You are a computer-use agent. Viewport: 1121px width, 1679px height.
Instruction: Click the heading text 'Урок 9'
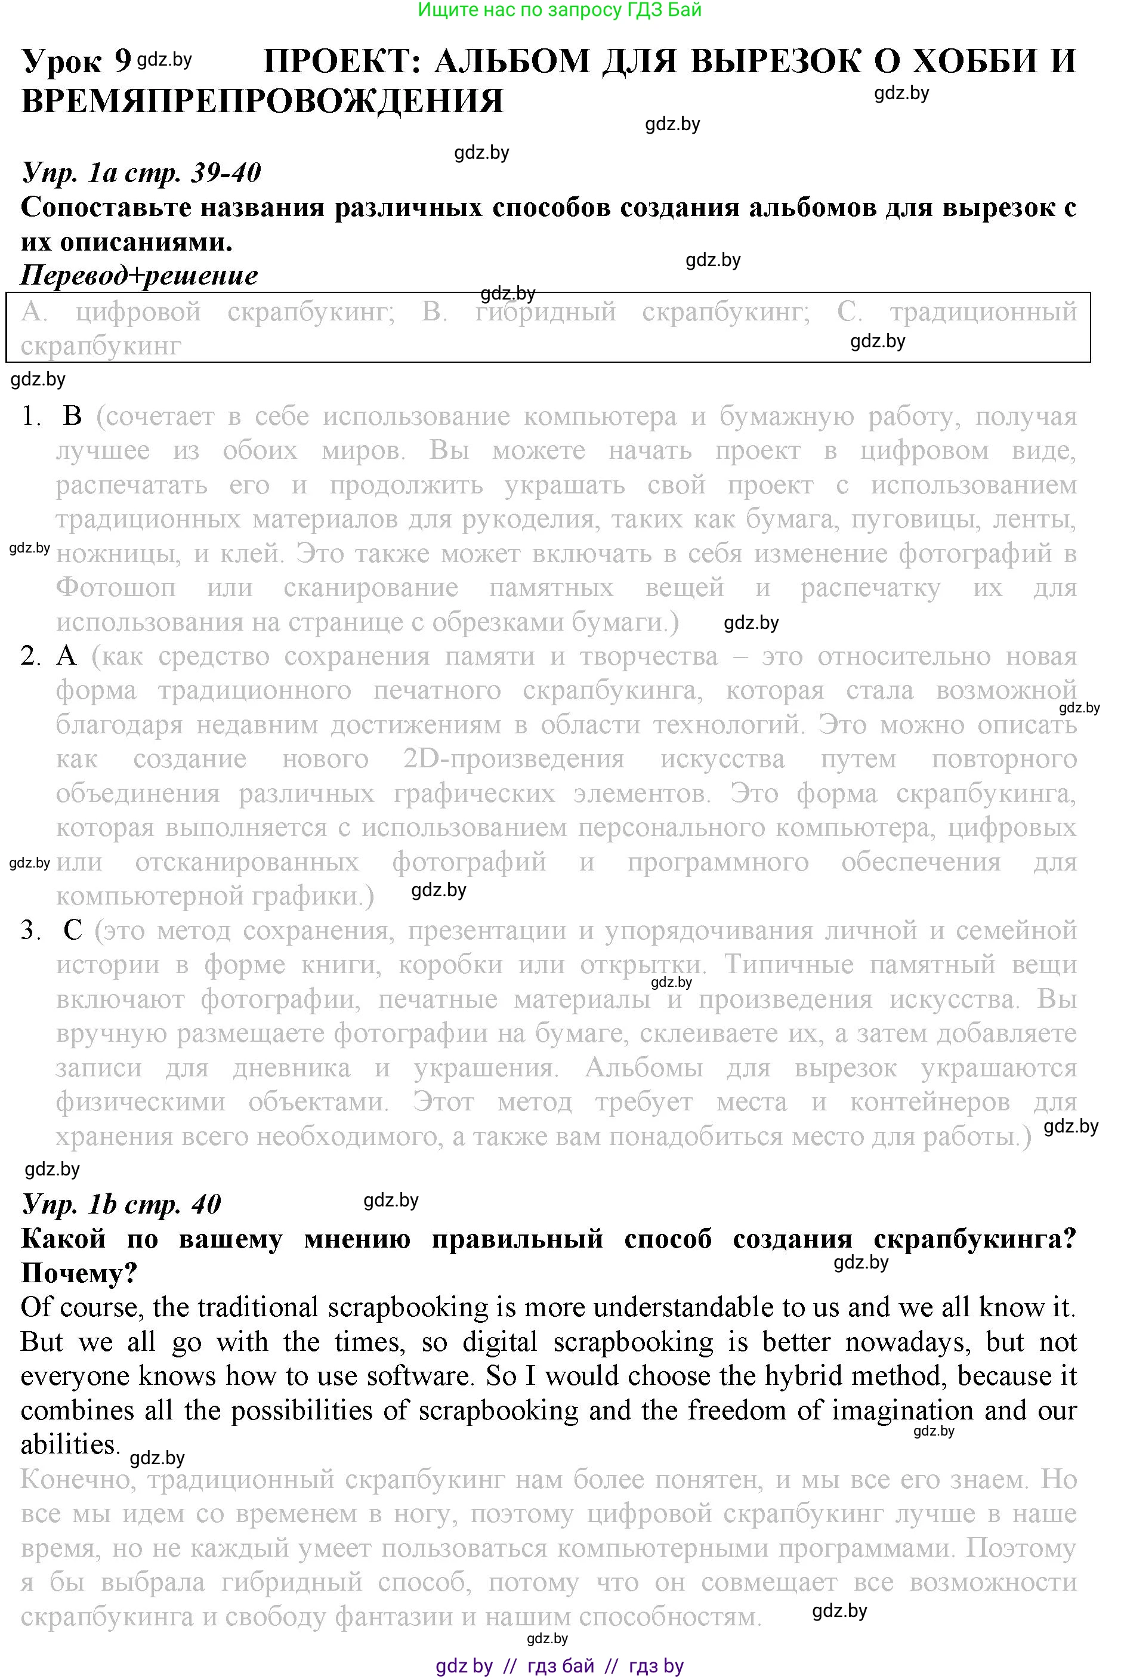76,61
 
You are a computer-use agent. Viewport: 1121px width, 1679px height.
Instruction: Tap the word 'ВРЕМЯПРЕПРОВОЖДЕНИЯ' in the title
263,101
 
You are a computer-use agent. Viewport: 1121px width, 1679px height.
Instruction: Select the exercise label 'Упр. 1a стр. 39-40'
141,172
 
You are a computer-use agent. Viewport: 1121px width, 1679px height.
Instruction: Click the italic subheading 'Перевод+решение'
140,275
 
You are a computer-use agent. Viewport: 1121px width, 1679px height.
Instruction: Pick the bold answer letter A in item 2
66,656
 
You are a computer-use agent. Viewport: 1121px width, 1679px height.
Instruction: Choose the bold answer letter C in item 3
73,930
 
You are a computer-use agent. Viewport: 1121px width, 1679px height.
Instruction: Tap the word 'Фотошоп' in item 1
116,588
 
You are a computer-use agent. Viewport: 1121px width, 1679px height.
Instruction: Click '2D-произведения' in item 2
513,759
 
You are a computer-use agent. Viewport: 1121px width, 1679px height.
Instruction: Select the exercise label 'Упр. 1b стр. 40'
122,1204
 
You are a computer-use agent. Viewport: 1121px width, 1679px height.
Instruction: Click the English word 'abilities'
69,1445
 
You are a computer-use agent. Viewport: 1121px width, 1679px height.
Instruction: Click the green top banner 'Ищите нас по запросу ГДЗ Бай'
560,10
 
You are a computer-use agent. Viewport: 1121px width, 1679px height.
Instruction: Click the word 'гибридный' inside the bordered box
545,312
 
